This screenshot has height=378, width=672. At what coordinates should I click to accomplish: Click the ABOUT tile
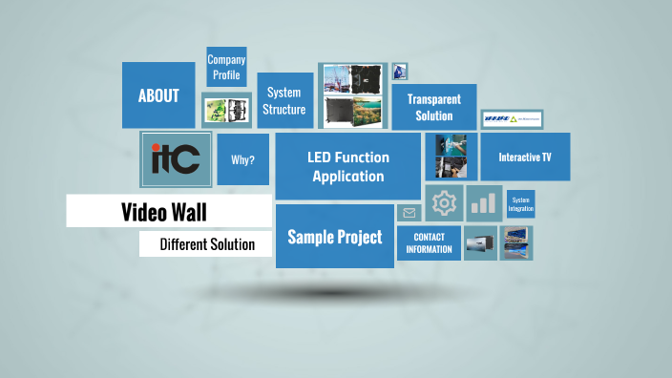158,95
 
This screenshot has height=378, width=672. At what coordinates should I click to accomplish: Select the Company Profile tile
226,68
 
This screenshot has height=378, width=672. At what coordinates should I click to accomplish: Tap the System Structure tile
283,100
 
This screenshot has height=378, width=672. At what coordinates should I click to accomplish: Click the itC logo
176,157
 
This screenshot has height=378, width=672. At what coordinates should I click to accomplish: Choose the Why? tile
242,159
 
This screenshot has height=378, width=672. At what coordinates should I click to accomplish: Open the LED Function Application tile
347,166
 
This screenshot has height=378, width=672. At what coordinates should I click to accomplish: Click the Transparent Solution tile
433,107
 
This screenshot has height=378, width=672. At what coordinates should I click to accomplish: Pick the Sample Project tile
334,237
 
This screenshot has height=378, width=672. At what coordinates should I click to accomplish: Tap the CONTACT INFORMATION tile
429,242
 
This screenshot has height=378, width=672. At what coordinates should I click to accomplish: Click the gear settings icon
444,203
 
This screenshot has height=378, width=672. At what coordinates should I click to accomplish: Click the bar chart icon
485,203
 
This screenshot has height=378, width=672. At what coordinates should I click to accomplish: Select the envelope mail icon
409,213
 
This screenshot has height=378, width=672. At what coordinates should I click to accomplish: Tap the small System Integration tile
520,204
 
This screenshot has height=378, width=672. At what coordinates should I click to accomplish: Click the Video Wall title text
163,212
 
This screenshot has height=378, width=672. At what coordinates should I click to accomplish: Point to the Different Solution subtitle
207,244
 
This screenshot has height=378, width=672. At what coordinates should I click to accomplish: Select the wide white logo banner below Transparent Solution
512,119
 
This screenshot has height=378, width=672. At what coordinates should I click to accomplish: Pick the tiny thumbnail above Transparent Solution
400,72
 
